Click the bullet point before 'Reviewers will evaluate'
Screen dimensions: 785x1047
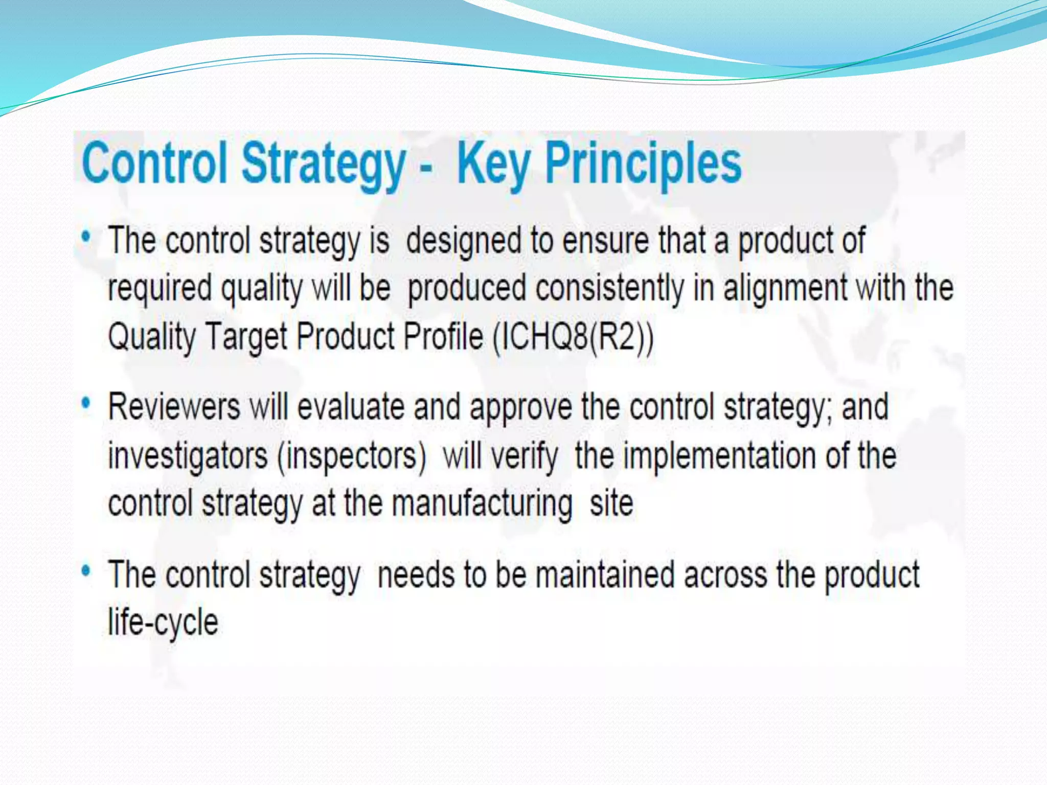pyautogui.click(x=86, y=404)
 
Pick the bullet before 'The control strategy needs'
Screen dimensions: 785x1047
pyautogui.click(x=86, y=570)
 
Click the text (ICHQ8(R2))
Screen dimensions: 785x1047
pyautogui.click(x=573, y=337)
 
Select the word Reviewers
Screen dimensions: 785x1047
pyautogui.click(x=174, y=407)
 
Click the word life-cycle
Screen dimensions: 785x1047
pyautogui.click(x=163, y=622)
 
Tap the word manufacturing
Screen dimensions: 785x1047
pyautogui.click(x=482, y=503)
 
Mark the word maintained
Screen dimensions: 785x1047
pyautogui.click(x=605, y=574)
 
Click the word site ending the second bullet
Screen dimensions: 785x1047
pyautogui.click(x=611, y=503)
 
